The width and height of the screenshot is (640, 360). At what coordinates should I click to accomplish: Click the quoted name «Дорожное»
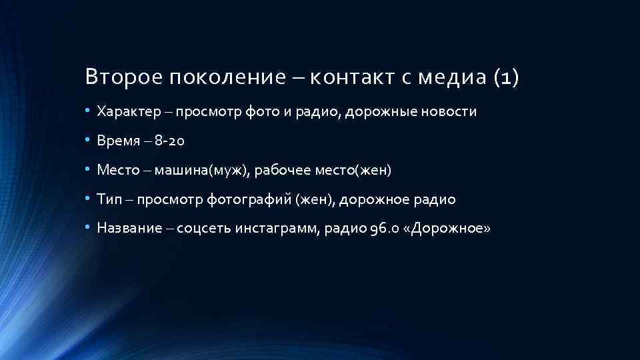tap(448, 229)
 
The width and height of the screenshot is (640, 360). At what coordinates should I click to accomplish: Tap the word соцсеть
tap(206, 229)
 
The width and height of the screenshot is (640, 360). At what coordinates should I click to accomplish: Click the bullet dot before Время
tap(87, 141)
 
